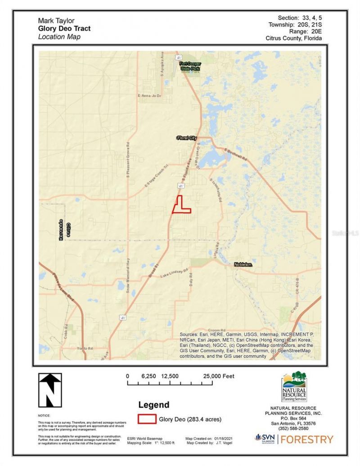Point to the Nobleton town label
click(x=243, y=265)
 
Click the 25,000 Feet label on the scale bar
click(x=219, y=376)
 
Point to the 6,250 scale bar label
click(x=148, y=376)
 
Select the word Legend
click(x=154, y=405)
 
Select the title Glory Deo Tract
click(x=64, y=28)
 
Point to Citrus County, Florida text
click(x=293, y=38)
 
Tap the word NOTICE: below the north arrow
click(x=44, y=416)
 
